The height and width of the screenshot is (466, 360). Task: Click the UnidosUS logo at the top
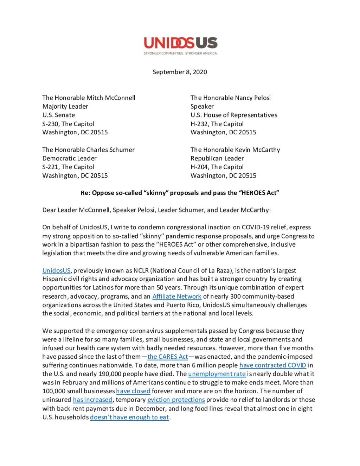[180, 43]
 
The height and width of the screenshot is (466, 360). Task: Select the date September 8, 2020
[180, 72]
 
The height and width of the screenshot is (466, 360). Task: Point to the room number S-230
[51, 124]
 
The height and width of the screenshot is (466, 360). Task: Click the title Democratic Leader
[70, 158]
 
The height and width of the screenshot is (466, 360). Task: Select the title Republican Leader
[217, 158]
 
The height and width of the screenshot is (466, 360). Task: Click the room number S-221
[51, 167]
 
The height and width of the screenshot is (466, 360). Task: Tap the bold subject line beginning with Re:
[180, 193]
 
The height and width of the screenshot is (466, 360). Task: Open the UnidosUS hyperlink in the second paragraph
[56, 270]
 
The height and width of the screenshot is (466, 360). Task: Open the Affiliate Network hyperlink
[177, 296]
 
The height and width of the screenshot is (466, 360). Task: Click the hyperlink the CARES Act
[168, 357]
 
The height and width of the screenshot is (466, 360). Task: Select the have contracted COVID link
[272, 365]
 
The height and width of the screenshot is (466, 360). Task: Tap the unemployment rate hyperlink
[217, 374]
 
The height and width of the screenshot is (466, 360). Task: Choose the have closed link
[133, 391]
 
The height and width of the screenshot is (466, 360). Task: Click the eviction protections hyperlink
[176, 400]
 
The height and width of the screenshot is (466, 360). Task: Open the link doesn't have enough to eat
[129, 417]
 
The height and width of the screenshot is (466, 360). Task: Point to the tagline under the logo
[180, 53]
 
